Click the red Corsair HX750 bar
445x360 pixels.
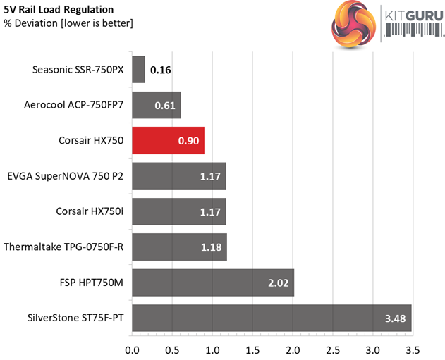tap(168, 140)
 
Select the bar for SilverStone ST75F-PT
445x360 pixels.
tap(272, 318)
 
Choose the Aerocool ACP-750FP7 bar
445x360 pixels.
tap(157, 105)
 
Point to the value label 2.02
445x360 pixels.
tap(276, 283)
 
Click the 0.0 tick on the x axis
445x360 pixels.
tap(133, 349)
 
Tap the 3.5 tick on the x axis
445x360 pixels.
tap(413, 349)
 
